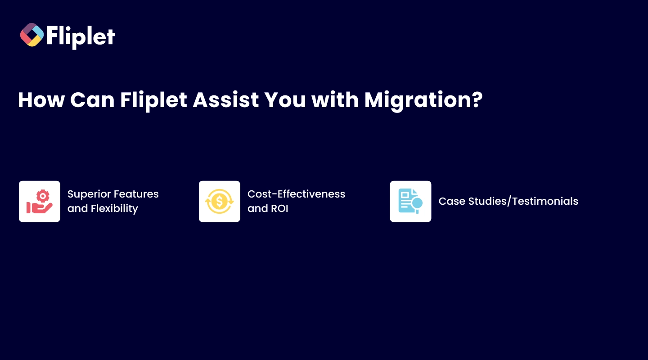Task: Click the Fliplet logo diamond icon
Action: pyautogui.click(x=32, y=35)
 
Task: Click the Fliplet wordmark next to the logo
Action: pyautogui.click(x=81, y=37)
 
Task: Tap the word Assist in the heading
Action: pyautogui.click(x=225, y=100)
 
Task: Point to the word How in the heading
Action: pyautogui.click(x=41, y=100)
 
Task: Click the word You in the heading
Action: pyautogui.click(x=285, y=100)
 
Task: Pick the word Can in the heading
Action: pyautogui.click(x=92, y=100)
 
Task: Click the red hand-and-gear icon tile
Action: pyautogui.click(x=40, y=202)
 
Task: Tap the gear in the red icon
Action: pyautogui.click(x=43, y=196)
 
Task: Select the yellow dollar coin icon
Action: pyautogui.click(x=220, y=202)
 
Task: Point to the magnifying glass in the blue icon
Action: pyautogui.click(x=417, y=204)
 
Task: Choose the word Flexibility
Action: pyautogui.click(x=114, y=209)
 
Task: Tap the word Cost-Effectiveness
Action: pyautogui.click(x=296, y=194)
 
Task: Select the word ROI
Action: pyautogui.click(x=279, y=209)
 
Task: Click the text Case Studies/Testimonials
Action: pyautogui.click(x=508, y=201)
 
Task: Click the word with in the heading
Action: pyautogui.click(x=335, y=100)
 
